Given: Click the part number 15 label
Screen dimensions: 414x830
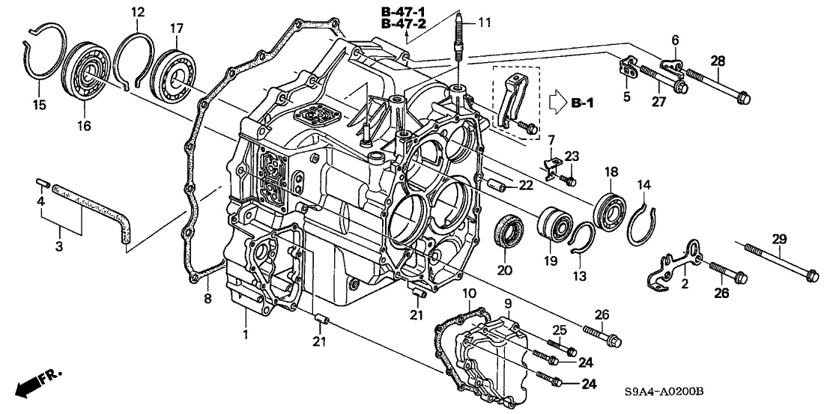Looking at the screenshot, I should point(39,106).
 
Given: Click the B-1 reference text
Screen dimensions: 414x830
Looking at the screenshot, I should point(584,102).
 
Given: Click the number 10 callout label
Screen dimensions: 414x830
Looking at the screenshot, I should point(469,292).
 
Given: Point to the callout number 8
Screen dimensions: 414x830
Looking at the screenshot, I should point(208,299).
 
